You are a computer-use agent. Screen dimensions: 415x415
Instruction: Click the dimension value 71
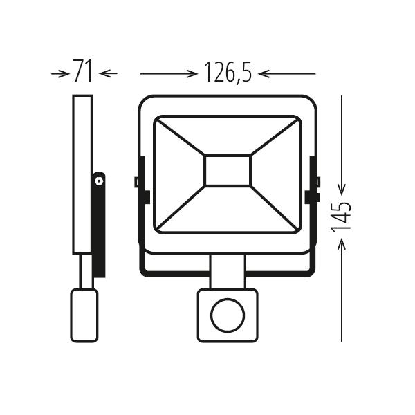82,72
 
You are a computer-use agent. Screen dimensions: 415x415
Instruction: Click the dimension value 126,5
227,72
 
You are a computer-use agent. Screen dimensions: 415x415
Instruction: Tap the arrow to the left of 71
59,72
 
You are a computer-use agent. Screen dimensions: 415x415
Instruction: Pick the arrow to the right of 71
108,72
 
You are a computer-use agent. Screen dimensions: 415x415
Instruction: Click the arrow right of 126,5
290,72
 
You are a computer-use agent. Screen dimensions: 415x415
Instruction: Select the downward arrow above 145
342,145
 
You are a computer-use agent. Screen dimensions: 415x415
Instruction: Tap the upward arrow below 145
342,290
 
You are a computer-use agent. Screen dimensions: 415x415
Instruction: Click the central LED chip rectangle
227,170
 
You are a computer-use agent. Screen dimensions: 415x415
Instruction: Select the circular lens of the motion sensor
227,317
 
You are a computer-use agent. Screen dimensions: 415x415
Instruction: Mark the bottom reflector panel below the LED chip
227,211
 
